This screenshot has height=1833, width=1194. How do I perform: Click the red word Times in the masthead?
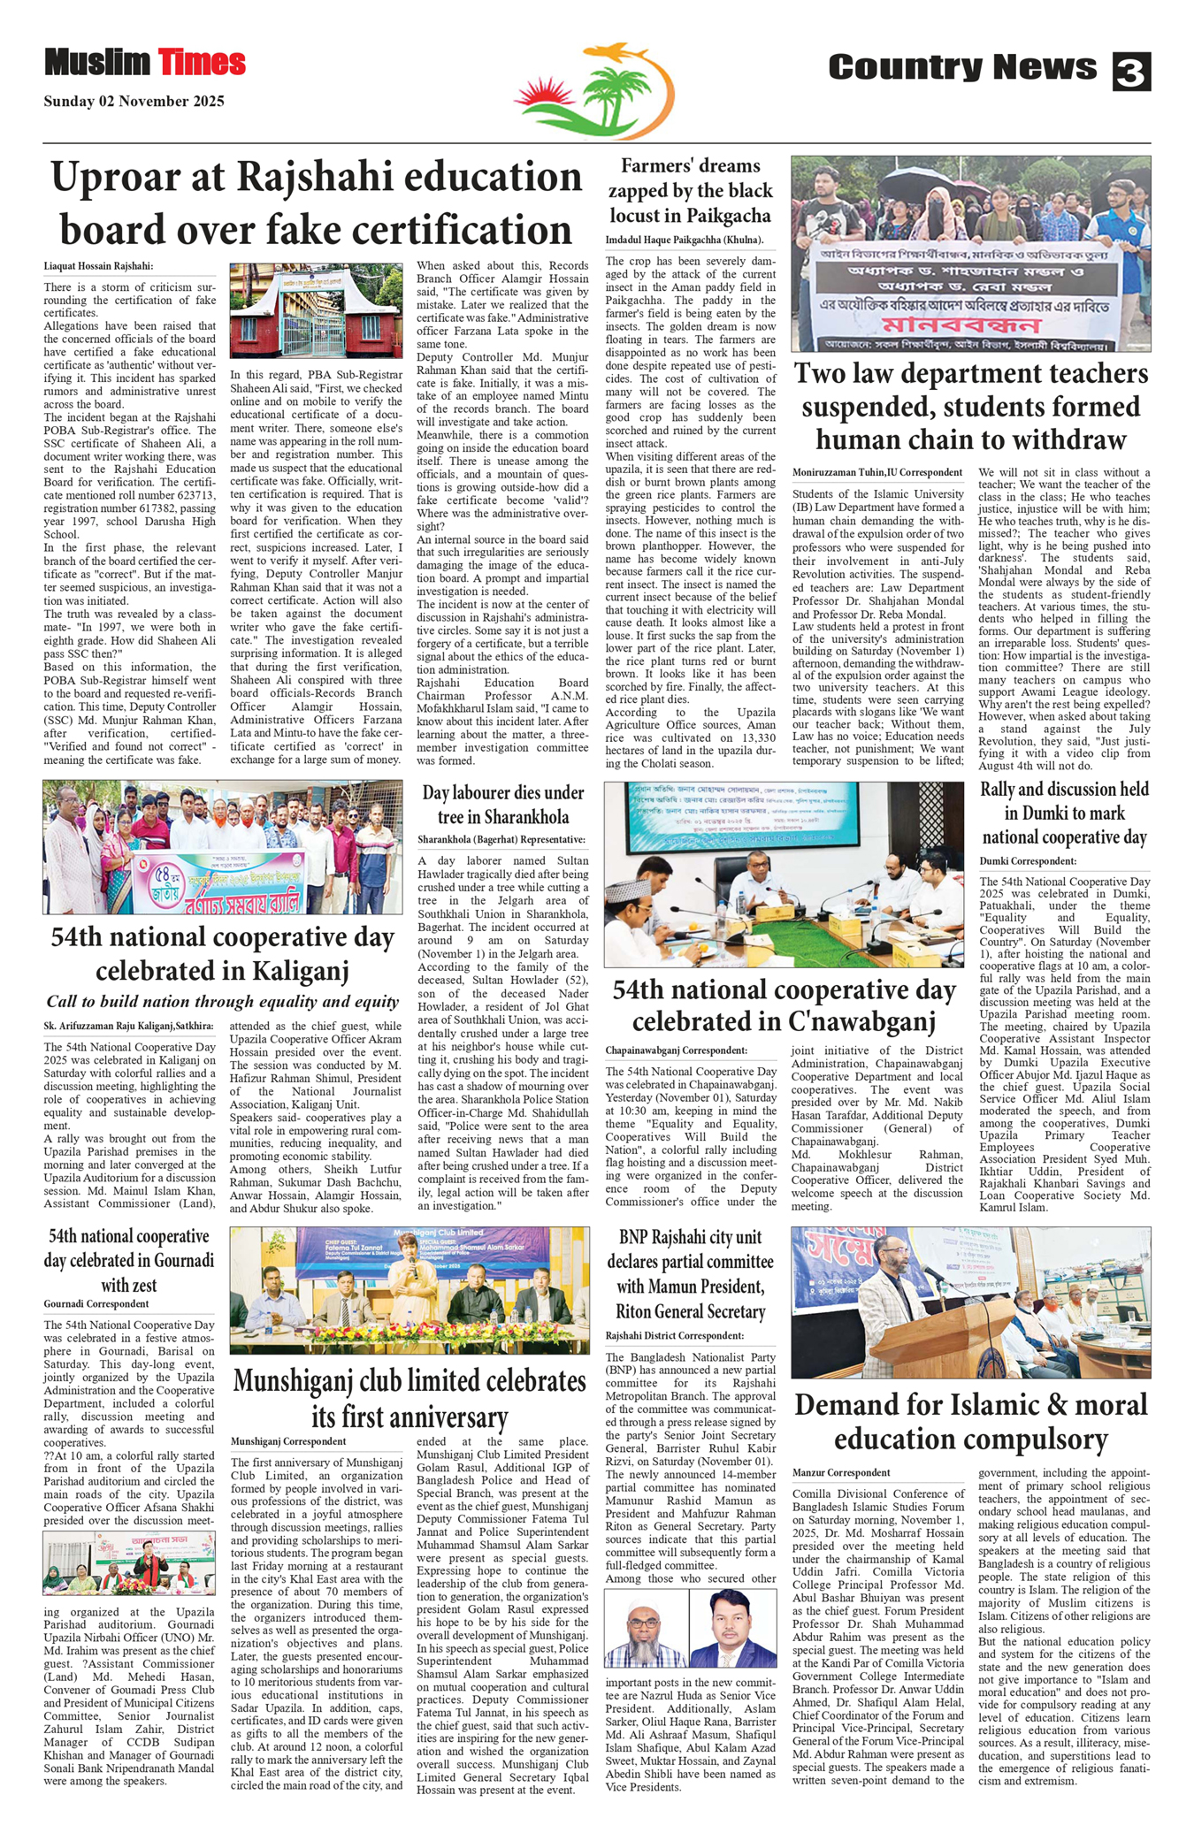pyautogui.click(x=202, y=63)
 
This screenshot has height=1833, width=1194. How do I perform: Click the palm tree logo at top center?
pyautogui.click(x=594, y=92)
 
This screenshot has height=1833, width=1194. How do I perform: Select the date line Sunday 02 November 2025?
pyautogui.click(x=134, y=102)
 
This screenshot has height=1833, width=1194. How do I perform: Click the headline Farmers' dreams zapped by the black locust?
pyautogui.click(x=690, y=191)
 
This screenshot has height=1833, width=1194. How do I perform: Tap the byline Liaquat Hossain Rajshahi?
pyautogui.click(x=98, y=266)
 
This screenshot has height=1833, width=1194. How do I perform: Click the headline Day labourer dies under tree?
pyautogui.click(x=502, y=805)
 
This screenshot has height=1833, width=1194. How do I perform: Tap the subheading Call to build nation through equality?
pyautogui.click(x=222, y=1002)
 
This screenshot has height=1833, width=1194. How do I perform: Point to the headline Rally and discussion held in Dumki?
pyautogui.click(x=1064, y=813)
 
